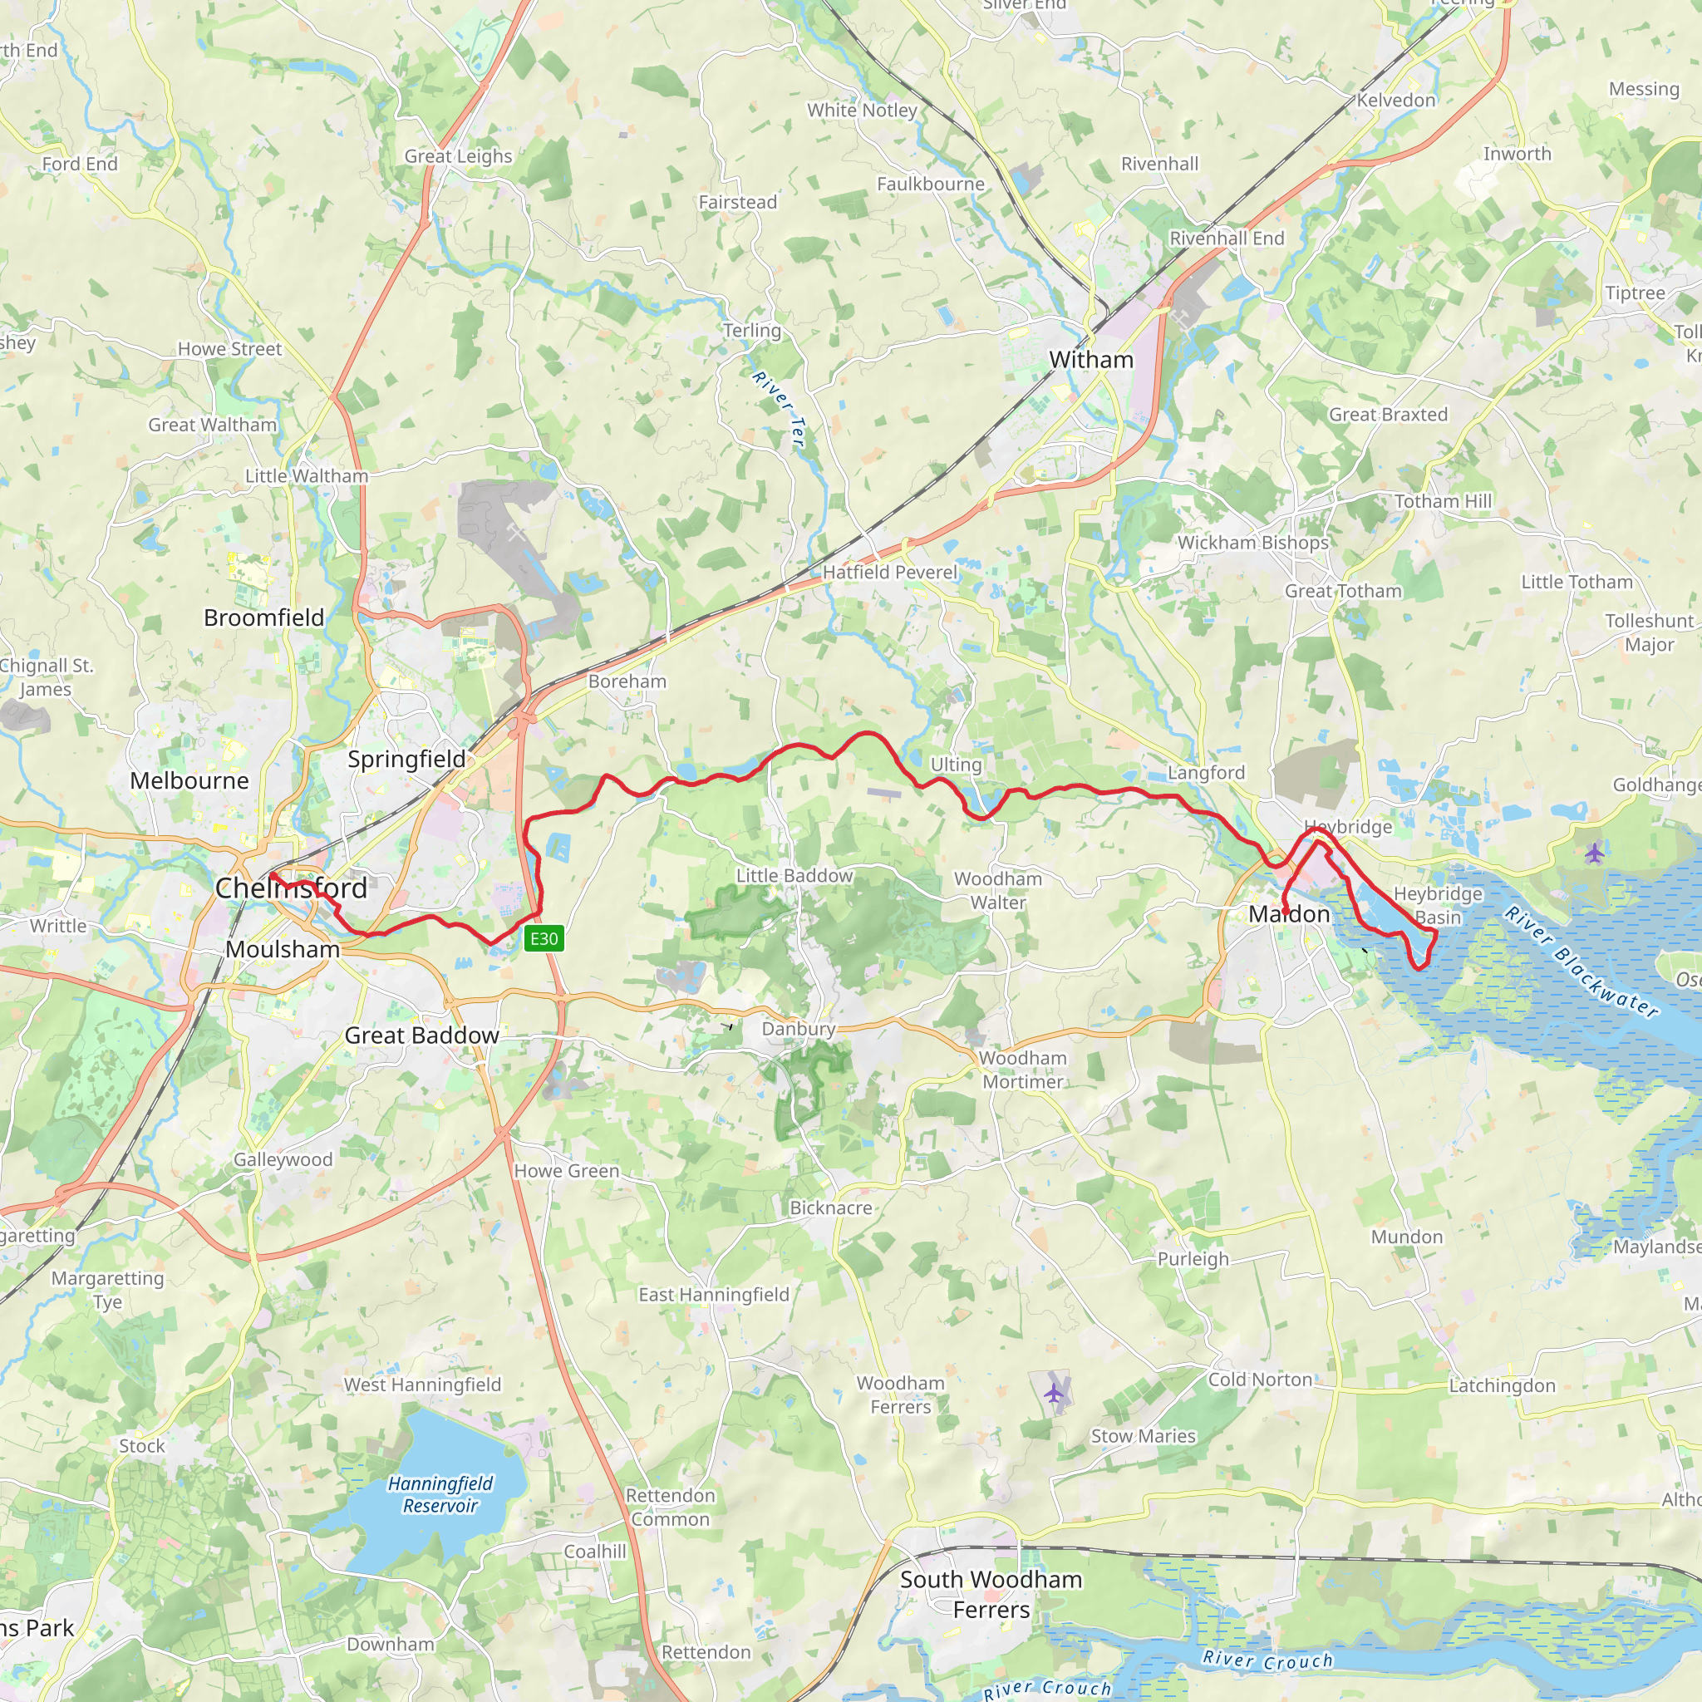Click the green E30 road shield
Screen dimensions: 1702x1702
[544, 938]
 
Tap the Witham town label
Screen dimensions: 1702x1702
[1090, 359]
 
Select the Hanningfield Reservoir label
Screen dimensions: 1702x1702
[440, 1494]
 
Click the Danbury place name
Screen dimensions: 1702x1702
[798, 1028]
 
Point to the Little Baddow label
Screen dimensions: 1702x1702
[794, 875]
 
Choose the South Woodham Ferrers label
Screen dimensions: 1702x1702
[991, 1595]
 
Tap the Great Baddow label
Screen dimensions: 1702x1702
[421, 1035]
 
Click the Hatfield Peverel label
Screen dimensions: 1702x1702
[890, 572]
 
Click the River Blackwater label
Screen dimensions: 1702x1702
[1582, 962]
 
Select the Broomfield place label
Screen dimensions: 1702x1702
[263, 617]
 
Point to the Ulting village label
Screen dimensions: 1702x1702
[956, 764]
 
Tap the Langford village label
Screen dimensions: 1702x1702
[1206, 773]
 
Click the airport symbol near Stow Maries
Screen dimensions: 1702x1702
[1055, 1393]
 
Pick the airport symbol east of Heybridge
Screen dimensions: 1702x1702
[1595, 852]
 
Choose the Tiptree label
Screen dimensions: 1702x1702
[1635, 293]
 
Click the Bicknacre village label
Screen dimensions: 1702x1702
[831, 1208]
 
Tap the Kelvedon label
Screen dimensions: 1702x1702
[1395, 101]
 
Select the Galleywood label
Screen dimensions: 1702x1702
[283, 1159]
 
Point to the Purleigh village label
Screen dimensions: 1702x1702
[1193, 1259]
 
